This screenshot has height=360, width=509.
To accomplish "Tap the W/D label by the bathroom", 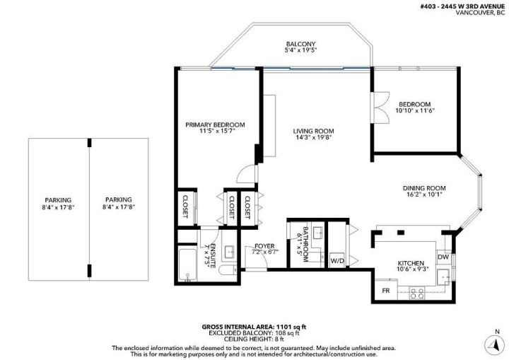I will [x=337, y=260].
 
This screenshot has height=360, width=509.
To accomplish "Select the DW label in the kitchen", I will [x=443, y=257].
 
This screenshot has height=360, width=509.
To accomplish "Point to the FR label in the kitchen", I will [x=386, y=291].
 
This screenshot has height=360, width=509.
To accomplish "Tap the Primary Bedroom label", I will [x=215, y=125].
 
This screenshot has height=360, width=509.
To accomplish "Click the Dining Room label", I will [x=424, y=187].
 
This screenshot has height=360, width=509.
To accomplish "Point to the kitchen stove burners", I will [x=416, y=291].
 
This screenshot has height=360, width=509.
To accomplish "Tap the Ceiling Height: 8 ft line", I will [x=254, y=339].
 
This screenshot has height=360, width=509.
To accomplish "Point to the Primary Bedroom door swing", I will [x=245, y=172].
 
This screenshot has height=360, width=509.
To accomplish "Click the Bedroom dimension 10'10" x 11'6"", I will [x=414, y=111].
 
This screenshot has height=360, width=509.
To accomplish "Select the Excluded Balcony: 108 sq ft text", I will [x=254, y=333].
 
